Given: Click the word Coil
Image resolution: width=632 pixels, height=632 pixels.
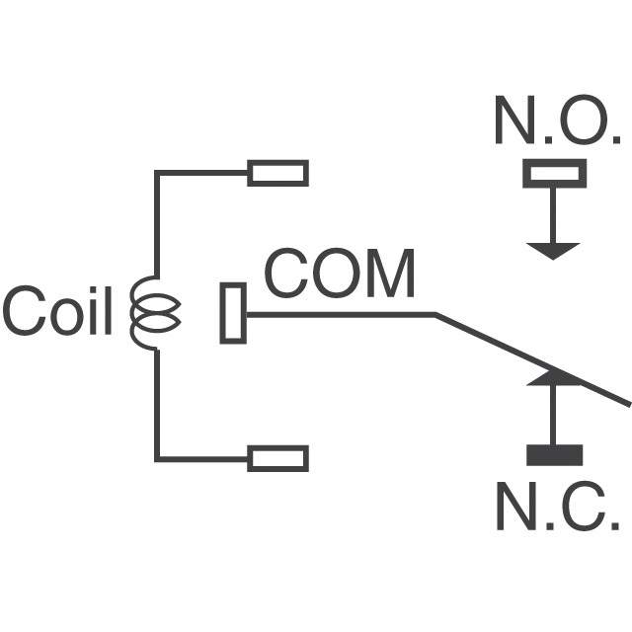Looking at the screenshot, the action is (x=57, y=310).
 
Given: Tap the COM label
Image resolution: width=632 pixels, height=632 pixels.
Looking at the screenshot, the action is (x=340, y=273).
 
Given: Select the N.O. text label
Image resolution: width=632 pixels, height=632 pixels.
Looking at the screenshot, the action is (x=558, y=119).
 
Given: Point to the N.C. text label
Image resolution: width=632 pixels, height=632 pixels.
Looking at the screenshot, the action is (x=558, y=506).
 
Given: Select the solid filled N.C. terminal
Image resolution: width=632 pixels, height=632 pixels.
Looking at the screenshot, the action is (x=555, y=455).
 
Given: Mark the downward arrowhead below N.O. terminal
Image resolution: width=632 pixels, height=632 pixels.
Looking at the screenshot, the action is (x=553, y=251).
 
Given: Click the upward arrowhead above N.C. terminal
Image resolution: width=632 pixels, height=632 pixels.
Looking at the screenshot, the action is (x=553, y=377).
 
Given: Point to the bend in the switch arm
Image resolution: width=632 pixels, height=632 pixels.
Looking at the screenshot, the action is (x=435, y=314).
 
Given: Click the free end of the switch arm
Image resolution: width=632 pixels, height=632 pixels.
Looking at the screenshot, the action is (x=629, y=404).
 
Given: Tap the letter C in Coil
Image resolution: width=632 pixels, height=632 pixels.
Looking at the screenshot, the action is (x=24, y=310).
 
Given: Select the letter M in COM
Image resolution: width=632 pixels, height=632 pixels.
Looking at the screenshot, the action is (x=391, y=273).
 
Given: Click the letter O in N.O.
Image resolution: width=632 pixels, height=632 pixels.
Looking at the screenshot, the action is (x=584, y=119).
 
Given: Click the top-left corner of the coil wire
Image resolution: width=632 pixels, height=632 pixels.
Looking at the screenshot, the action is (x=157, y=173).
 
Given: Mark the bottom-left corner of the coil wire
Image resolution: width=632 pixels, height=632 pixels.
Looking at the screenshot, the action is (x=157, y=458).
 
